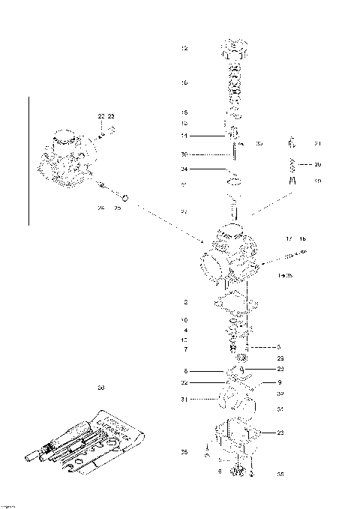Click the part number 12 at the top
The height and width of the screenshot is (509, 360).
[x=184, y=48]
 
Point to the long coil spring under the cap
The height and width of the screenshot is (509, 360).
[x=234, y=82]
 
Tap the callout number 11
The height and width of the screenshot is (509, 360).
[x=184, y=136]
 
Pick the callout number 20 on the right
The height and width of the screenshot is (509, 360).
[x=317, y=164]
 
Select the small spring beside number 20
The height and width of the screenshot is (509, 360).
[x=294, y=164]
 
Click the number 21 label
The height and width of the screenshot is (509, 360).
[x=317, y=143]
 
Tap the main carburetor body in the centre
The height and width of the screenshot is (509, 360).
[x=232, y=255]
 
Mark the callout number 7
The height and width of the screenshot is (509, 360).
[x=184, y=349]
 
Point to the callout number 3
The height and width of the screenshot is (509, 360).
[x=278, y=347]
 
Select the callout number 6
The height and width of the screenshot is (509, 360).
[x=184, y=371]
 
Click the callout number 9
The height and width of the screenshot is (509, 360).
[x=279, y=382]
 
